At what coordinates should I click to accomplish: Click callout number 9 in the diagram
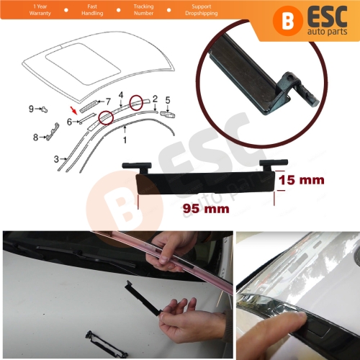point(32,109)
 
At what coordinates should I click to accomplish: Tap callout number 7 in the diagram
point(109,101)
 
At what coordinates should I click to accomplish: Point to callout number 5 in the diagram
point(167,99)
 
